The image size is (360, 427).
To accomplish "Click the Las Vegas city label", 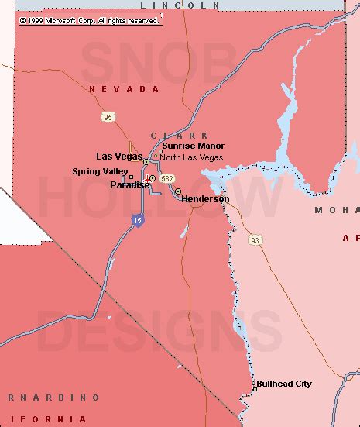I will coord(118,157).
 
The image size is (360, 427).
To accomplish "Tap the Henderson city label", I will coord(205,199).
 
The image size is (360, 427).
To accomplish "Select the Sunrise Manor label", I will coord(193,146).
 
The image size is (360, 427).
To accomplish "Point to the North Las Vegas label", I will coord(191,157).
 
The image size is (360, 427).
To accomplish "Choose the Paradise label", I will coord(129,184).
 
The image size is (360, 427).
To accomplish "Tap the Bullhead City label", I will coord(284,384).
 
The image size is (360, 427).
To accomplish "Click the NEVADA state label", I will coord(124,90).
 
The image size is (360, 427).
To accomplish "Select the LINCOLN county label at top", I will coord(176,5).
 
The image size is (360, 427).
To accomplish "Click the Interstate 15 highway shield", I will coord(135,222).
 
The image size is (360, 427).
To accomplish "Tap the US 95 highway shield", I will coord(108,117).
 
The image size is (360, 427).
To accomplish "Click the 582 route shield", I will coord(167,179).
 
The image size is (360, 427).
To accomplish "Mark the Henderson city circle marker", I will coord(177,191).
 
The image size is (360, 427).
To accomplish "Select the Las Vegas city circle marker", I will coord(146,162).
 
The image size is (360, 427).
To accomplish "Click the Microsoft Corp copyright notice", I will coord(90,21).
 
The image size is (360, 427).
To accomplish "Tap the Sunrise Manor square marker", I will coord(160,151).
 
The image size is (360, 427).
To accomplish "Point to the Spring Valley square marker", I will coord(121,177).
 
